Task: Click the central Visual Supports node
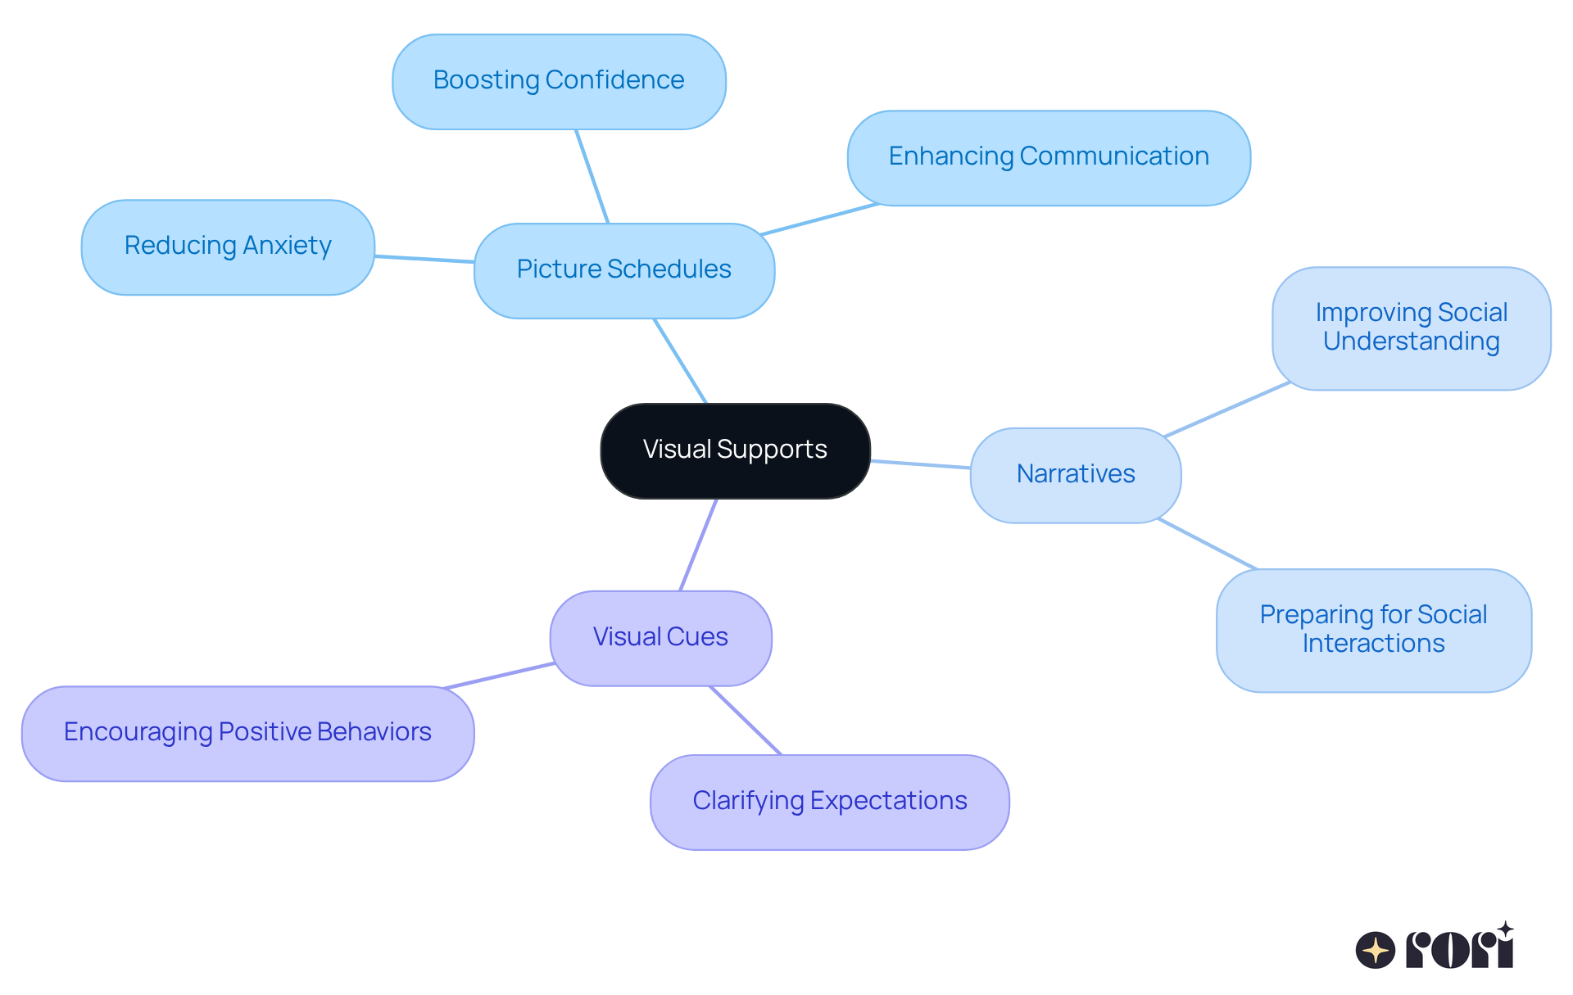735,450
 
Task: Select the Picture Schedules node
623,270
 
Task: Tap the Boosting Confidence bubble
559,81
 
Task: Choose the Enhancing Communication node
1048,157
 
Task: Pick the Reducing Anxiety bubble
228,246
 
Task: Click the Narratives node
1075,475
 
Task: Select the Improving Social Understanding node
1411,328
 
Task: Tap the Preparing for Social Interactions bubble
1373,630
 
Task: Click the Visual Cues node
660,638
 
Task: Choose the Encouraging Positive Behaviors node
247,733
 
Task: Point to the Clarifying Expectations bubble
829,802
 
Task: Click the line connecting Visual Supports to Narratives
920,464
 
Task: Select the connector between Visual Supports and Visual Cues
699,545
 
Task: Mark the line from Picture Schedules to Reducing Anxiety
424,259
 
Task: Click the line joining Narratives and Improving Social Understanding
1226,409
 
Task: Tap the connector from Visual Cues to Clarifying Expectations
746,721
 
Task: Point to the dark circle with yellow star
1376,950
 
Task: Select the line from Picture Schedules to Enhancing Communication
819,219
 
